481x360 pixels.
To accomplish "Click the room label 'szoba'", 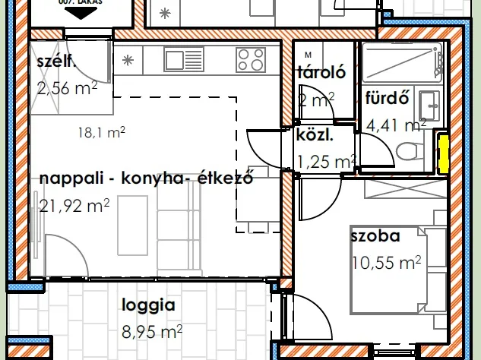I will click(375, 236).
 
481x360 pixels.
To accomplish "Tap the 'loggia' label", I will click(149, 306).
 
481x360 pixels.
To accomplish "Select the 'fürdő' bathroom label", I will click(388, 98).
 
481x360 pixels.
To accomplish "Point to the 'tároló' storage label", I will click(321, 74).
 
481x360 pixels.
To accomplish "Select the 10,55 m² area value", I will click(386, 263).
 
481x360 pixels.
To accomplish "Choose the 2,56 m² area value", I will click(66, 88).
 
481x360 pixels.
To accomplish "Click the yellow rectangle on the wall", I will click(442, 152).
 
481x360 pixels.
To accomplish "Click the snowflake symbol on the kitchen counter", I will click(128, 59).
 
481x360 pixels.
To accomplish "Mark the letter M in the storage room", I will click(308, 55).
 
